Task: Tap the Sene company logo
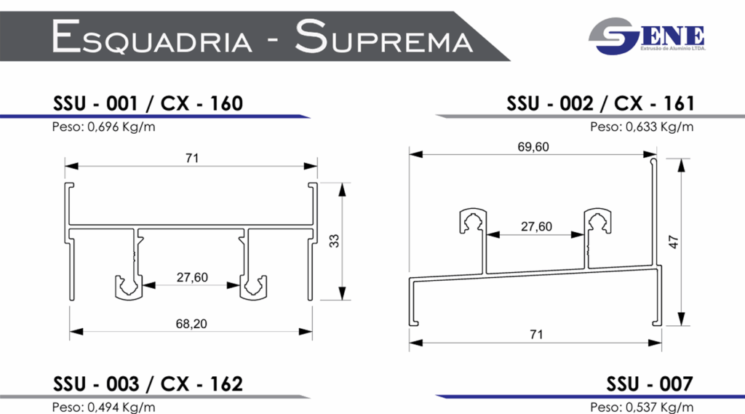(x=646, y=37)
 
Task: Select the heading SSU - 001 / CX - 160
(x=148, y=103)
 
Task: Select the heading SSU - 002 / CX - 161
(x=600, y=103)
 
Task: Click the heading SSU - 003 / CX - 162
(x=148, y=383)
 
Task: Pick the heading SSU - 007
(x=650, y=383)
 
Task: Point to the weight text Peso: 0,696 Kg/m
(x=103, y=127)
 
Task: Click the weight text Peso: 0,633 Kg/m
(x=642, y=127)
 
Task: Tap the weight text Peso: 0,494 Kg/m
(x=103, y=406)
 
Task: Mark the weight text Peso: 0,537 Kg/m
(x=642, y=406)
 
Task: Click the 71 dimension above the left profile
(x=192, y=158)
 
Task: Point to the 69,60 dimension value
(x=533, y=147)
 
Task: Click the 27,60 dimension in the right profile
(x=536, y=226)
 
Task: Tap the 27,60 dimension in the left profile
(x=192, y=276)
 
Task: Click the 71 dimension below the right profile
(x=535, y=334)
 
